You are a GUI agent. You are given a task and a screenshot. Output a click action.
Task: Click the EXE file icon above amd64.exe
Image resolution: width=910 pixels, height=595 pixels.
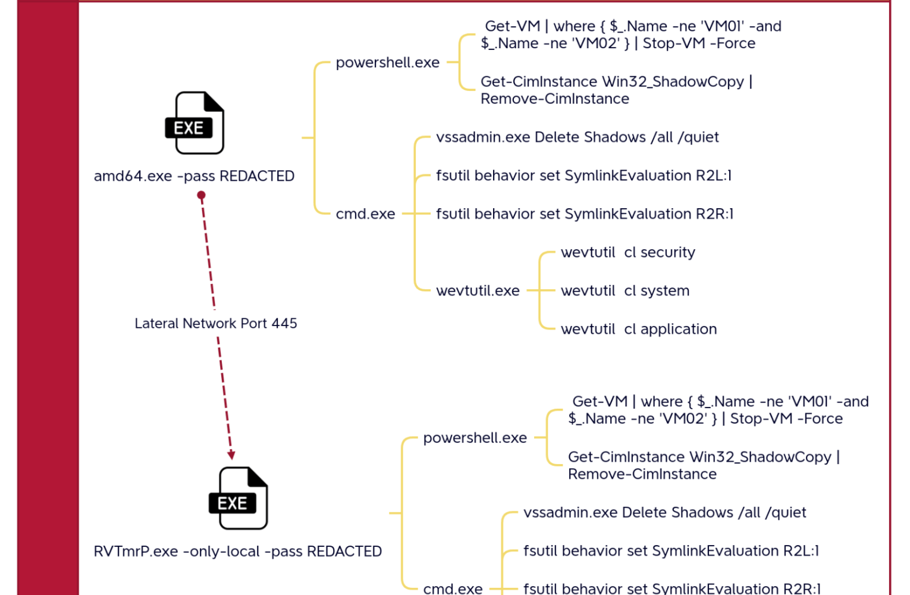[x=194, y=123]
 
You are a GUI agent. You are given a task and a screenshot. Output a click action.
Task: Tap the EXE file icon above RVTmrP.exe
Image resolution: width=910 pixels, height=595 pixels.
[x=239, y=499]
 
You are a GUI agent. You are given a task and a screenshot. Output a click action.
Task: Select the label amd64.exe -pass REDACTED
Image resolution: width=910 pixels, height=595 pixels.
[x=194, y=176]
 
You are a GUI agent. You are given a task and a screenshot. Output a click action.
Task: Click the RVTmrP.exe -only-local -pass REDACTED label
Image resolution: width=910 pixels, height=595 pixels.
[x=237, y=552]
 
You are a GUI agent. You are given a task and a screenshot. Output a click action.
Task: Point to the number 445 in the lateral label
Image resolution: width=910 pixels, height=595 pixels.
[x=284, y=324]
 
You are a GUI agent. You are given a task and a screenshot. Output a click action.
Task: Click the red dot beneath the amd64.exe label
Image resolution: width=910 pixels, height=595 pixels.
[x=202, y=195]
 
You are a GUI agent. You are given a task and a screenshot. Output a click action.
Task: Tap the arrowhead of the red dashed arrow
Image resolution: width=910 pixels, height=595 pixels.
[x=231, y=455]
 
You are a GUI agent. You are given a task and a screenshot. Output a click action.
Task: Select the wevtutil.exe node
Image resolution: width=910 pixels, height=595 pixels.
[x=478, y=291]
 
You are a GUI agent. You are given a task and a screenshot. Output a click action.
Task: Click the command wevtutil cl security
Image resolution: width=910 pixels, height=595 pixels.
[x=627, y=252]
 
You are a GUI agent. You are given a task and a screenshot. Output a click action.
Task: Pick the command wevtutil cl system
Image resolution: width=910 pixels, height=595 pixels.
[x=625, y=291]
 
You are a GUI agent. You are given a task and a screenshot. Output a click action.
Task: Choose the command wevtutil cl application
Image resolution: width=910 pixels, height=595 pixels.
[x=638, y=329]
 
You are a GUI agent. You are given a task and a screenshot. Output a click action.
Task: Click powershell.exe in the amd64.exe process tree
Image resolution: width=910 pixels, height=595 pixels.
[x=387, y=62]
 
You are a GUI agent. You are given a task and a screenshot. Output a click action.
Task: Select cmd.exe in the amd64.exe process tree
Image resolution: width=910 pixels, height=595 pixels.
[x=365, y=214]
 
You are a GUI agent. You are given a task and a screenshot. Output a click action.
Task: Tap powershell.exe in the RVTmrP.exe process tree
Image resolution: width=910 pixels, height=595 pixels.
[x=475, y=438]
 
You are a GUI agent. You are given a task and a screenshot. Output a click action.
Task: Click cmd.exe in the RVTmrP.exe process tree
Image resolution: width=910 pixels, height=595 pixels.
[x=453, y=588]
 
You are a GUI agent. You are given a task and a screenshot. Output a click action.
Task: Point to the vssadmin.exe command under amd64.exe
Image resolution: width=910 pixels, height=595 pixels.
[x=577, y=137]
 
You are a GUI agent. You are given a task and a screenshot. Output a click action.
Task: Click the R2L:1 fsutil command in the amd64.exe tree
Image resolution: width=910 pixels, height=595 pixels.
[x=583, y=176]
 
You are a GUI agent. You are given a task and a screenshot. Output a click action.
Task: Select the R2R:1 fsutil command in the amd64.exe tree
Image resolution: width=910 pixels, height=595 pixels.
[x=584, y=214]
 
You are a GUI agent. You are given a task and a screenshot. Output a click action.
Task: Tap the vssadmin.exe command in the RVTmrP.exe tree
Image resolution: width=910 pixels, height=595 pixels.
[x=664, y=513]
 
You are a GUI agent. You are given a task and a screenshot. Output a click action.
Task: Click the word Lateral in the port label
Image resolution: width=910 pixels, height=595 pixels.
[x=156, y=324]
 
